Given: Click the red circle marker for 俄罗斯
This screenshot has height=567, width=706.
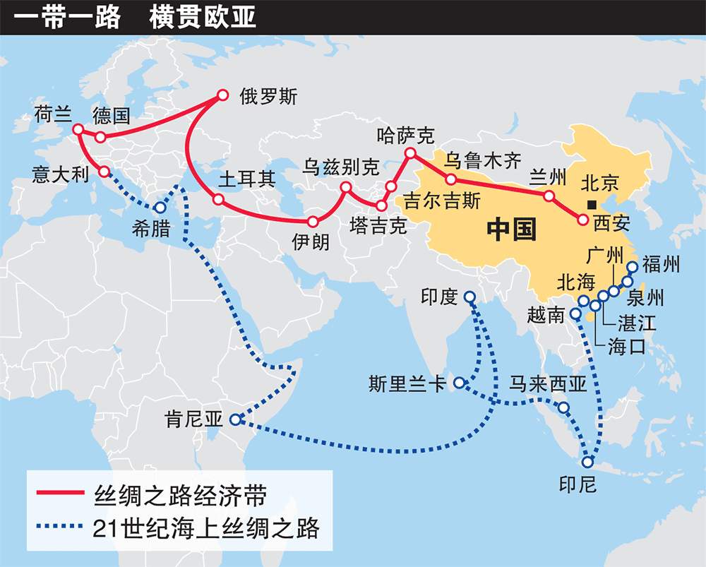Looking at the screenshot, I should click(x=223, y=95).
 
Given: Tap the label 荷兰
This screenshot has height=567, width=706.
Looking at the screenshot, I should click(x=51, y=115).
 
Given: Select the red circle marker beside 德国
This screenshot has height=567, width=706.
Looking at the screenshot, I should click(x=100, y=136).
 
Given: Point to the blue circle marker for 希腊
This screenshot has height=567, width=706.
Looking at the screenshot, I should click(x=160, y=208).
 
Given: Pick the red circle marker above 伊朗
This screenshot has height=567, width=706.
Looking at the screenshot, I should click(x=313, y=220).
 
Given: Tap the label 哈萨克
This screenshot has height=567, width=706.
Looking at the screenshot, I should click(x=406, y=135).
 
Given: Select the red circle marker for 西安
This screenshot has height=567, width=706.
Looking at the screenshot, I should click(x=582, y=220).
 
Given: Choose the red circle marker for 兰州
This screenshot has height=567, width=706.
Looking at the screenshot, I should click(x=549, y=196).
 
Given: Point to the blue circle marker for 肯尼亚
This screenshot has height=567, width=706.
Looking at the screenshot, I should click(x=235, y=419).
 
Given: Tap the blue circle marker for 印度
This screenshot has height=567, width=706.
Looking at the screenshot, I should click(x=469, y=299).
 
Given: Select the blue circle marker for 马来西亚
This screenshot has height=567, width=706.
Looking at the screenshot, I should click(x=563, y=407).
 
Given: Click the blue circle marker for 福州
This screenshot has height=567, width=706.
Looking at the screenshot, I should click(x=632, y=267).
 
